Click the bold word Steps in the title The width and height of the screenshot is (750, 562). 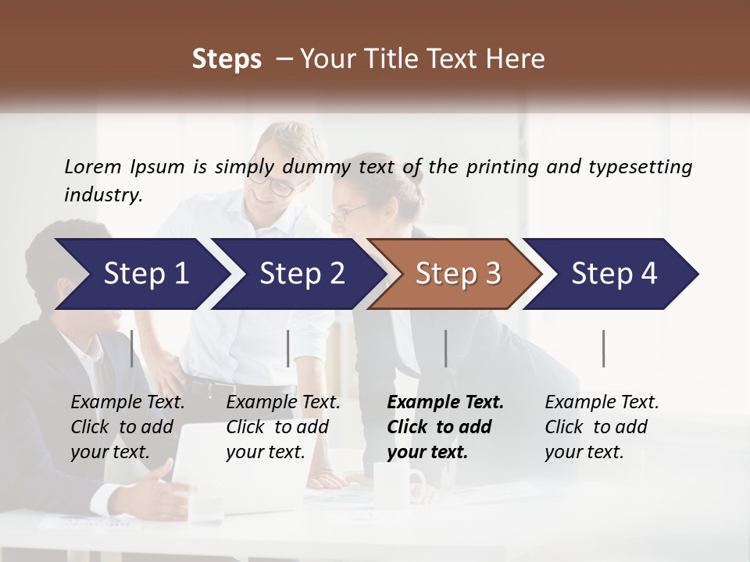(x=227, y=59)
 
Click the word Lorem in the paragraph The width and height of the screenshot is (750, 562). (x=92, y=166)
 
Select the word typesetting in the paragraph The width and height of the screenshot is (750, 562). (x=640, y=167)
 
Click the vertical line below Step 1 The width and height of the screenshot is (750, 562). (x=132, y=348)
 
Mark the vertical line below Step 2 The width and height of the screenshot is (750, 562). (x=288, y=348)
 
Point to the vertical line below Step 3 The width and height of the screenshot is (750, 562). (x=445, y=348)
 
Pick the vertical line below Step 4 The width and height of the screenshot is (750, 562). (x=603, y=348)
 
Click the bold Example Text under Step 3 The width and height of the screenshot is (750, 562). (x=445, y=403)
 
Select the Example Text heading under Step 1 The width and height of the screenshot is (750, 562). (x=127, y=403)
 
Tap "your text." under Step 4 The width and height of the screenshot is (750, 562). (x=584, y=452)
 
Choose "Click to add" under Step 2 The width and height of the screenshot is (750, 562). (x=277, y=427)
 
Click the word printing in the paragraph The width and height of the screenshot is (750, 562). (x=494, y=167)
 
